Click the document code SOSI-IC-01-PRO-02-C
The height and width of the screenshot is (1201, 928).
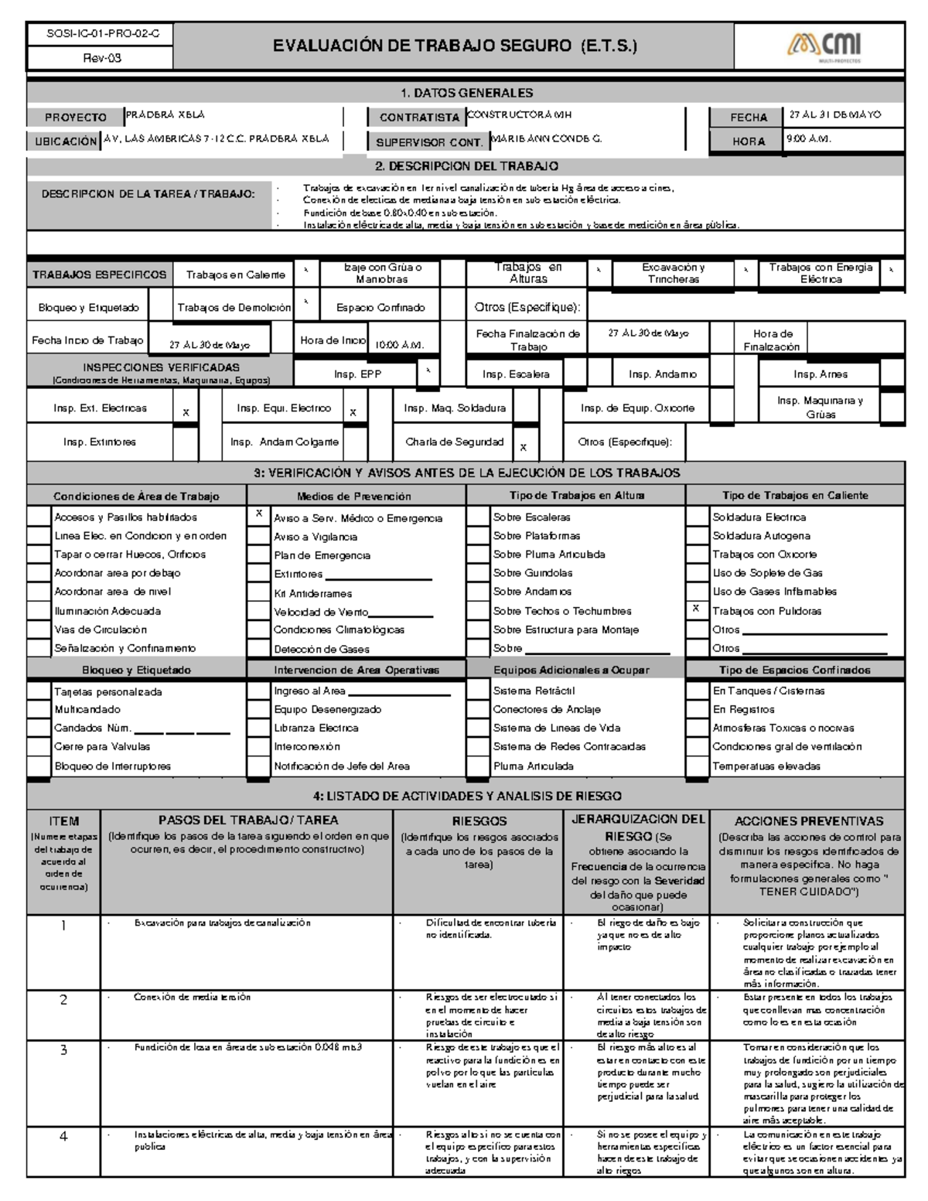[98, 34]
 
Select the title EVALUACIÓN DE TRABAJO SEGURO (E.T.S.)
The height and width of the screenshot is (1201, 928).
[454, 46]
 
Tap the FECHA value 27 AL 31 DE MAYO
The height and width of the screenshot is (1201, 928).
[834, 114]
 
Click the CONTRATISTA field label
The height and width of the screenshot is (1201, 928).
[418, 118]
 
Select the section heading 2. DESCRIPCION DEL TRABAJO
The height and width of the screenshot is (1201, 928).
[466, 166]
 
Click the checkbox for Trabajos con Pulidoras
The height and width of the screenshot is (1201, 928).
[697, 610]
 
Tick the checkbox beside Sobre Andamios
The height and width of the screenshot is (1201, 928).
[478, 592]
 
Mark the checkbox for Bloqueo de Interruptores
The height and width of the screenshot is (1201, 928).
[39, 766]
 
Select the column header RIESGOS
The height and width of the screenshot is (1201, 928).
[479, 821]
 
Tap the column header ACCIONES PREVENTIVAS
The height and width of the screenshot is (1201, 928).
[808, 821]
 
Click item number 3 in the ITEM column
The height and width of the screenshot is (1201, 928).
[64, 1049]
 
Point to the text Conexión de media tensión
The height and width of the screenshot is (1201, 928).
[192, 998]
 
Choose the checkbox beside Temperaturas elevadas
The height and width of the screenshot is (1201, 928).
[697, 766]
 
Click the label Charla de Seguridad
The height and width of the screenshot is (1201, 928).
[454, 442]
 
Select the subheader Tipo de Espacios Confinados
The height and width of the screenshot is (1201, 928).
[794, 670]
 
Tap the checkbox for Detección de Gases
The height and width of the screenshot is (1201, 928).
[258, 649]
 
